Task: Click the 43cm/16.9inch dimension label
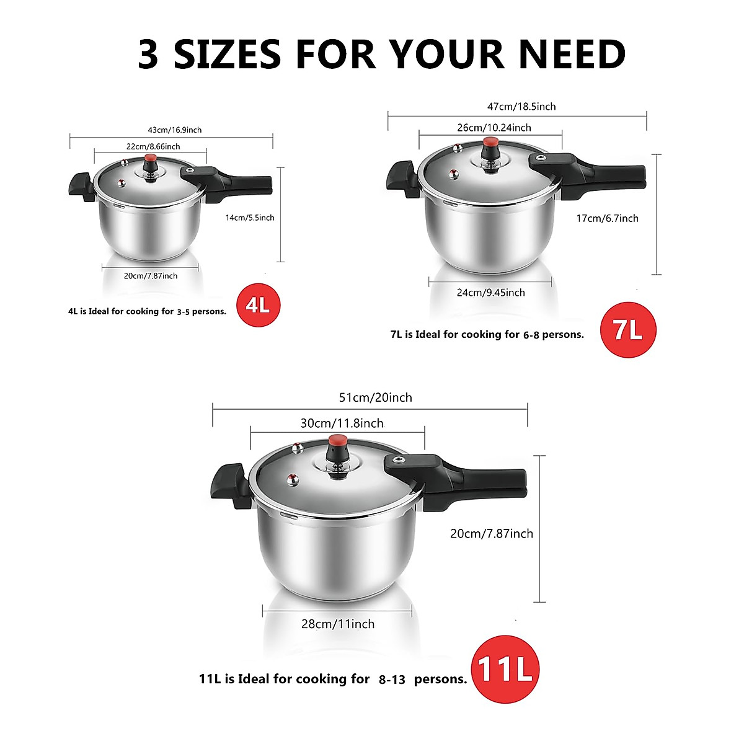174,130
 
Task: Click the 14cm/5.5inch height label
250,218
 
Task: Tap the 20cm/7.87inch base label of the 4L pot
150,276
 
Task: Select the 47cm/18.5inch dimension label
521,107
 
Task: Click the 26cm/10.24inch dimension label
494,128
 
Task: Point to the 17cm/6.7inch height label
607,218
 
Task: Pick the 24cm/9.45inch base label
490,293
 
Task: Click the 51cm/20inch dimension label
375,397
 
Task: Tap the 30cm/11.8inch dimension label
342,423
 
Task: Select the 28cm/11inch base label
338,624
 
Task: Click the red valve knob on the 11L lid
338,442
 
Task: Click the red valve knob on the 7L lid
492,143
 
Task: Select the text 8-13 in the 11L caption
392,680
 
